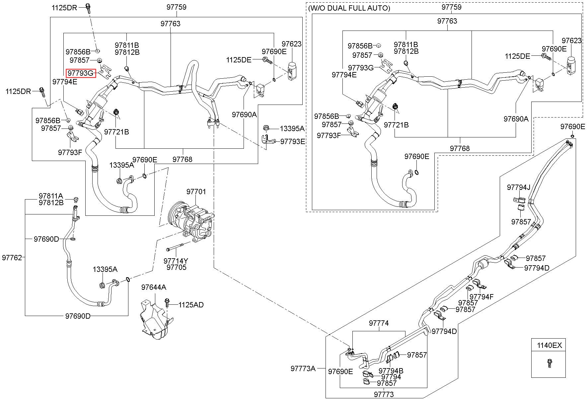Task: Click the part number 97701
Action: (196, 192)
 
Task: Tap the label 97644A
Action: (154, 287)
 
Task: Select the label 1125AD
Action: (191, 305)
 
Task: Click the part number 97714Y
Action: (176, 261)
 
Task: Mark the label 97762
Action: (12, 257)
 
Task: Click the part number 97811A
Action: (51, 196)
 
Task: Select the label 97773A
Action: (303, 368)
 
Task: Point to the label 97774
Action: (379, 323)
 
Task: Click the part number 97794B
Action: (391, 370)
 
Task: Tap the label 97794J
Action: (519, 188)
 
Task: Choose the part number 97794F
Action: (481, 297)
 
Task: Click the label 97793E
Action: (293, 141)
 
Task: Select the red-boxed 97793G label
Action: (81, 73)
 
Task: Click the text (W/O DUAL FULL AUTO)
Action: (349, 8)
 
